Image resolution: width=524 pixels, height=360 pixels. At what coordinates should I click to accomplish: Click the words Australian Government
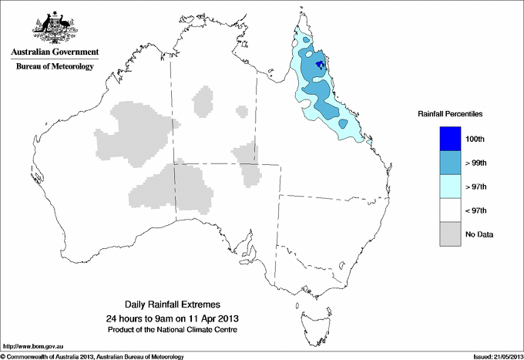pos(54,52)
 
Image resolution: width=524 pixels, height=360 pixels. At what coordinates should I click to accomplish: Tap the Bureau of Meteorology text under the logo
pos(54,67)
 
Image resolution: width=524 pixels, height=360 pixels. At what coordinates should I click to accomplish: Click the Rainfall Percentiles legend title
pos(450,114)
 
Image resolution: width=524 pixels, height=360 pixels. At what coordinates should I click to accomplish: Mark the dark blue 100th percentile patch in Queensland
pos(319,66)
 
